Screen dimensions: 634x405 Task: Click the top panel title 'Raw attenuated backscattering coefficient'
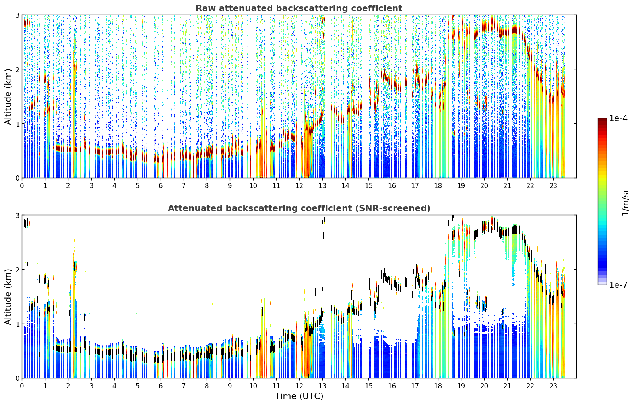pos(299,8)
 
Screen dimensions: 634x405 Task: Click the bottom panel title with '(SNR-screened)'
pos(299,208)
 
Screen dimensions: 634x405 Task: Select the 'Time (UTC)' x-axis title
pos(299,396)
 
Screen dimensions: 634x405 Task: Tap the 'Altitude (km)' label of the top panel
pos(8,96)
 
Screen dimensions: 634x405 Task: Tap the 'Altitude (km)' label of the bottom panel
pos(8,297)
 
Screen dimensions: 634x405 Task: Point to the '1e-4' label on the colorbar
pos(618,118)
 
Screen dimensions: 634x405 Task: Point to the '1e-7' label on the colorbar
pos(618,285)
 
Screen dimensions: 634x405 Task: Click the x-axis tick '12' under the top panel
pos(299,186)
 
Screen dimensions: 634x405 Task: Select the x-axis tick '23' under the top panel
pos(553,186)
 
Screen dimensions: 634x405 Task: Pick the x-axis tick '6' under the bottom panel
pos(161,386)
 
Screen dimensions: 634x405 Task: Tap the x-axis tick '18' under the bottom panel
pos(438,386)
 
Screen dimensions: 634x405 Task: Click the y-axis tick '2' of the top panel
pos(17,69)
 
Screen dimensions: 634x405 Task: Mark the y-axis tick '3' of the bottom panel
pos(17,216)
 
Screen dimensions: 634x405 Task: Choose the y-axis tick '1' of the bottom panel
pos(17,324)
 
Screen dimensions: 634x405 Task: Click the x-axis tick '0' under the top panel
pos(22,186)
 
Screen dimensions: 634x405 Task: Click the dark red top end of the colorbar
pos(602,120)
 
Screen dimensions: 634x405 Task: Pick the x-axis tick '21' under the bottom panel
pos(507,386)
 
